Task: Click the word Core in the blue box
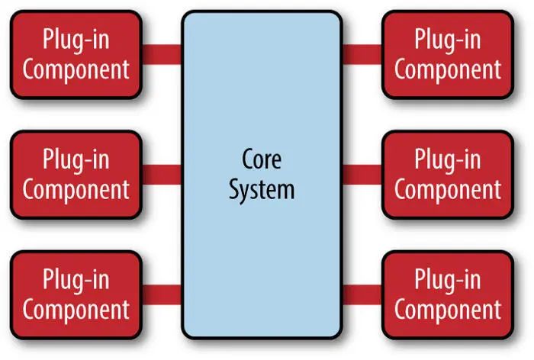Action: point(262,161)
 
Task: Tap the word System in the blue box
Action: point(262,188)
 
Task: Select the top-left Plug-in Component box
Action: point(76,54)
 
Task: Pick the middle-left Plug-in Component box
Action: point(76,175)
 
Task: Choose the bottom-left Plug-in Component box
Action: point(76,294)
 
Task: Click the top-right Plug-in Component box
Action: point(447,54)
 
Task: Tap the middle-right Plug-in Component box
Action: point(447,175)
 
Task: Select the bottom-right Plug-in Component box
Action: point(447,294)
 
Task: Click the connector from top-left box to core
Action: point(162,54)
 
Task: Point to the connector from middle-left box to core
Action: point(162,175)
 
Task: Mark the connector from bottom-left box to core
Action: point(162,294)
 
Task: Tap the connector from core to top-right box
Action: point(362,54)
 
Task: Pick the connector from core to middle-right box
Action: point(362,175)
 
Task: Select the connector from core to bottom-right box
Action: point(362,294)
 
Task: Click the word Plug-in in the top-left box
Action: point(76,40)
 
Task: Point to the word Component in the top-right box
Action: point(448,69)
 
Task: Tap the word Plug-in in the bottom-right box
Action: point(448,280)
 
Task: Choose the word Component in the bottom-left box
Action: point(76,310)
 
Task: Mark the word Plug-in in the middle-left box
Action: point(76,160)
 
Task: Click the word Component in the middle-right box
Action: point(448,189)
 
